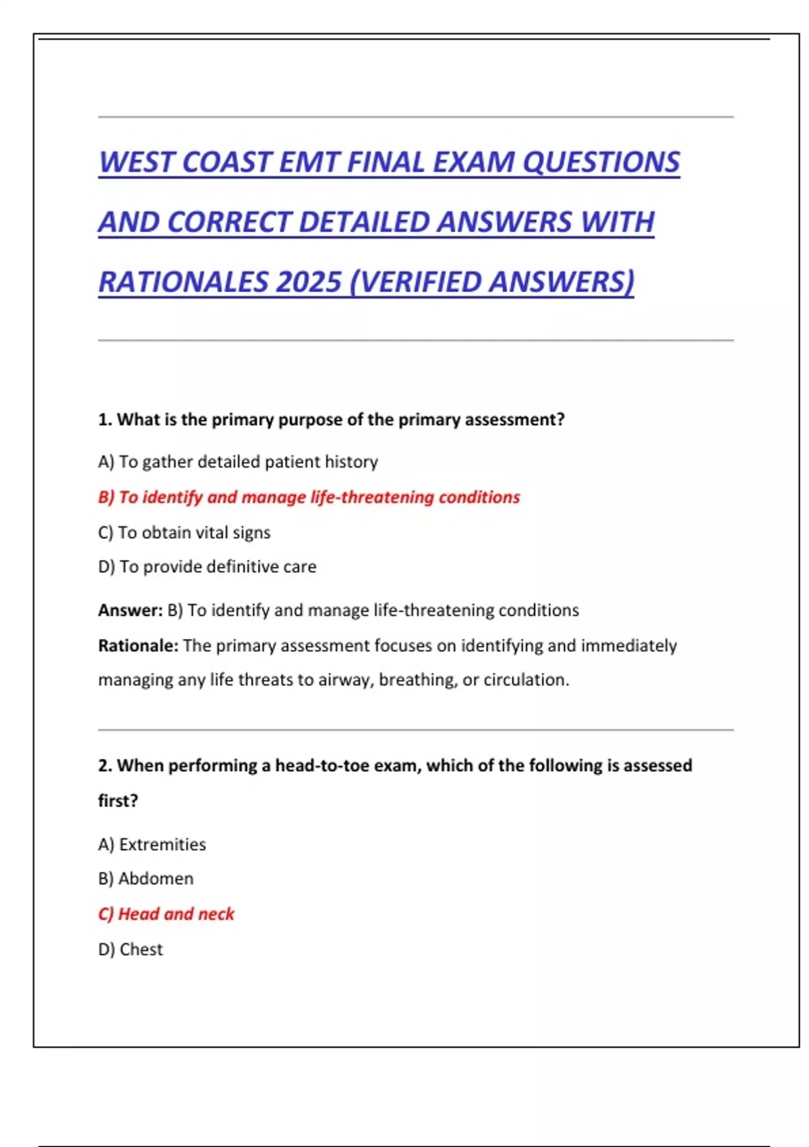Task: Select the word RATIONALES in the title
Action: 183,282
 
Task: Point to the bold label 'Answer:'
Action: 130,611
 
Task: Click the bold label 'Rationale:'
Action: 138,646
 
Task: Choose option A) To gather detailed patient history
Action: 238,462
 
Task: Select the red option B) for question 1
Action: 309,497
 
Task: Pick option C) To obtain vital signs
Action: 184,532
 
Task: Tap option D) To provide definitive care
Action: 207,567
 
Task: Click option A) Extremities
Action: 152,845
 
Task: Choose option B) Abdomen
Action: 146,878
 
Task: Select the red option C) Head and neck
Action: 166,914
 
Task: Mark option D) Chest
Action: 130,949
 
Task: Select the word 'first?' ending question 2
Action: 118,801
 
